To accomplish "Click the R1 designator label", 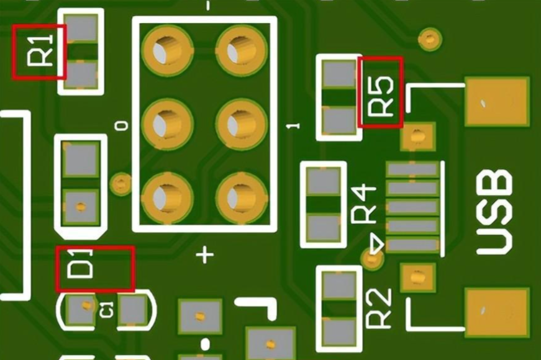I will coord(39,52).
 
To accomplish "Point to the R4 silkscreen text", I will coord(364,204).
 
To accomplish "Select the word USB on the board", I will coord(494,213).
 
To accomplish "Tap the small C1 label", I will coord(106,308).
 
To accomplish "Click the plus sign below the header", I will coord(205,254).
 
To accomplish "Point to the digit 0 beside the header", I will coord(122,126).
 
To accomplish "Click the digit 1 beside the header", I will coord(295,126).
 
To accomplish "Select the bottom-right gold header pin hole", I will coord(240,197).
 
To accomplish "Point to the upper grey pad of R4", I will coord(324,181).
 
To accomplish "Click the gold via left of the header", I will coord(120,182).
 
